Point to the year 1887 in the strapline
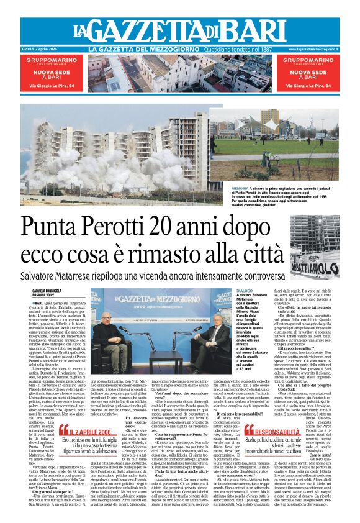(269, 49)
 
